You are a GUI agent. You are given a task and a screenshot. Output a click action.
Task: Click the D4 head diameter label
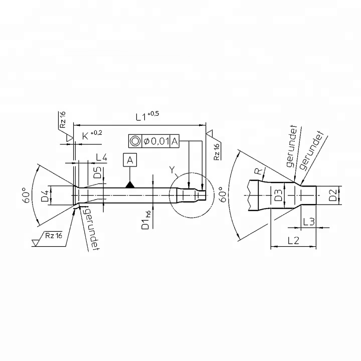pyautogui.click(x=45, y=196)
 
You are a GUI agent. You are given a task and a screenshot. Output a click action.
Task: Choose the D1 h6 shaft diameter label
pyautogui.click(x=146, y=221)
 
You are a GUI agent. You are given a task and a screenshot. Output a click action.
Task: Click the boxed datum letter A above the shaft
pyautogui.click(x=130, y=160)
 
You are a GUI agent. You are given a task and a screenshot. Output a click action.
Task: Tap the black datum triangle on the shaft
pyautogui.click(x=130, y=185)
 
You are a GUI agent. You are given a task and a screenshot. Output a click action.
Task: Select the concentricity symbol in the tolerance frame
pyautogui.click(x=135, y=141)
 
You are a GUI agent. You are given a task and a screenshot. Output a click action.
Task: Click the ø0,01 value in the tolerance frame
pyautogui.click(x=156, y=141)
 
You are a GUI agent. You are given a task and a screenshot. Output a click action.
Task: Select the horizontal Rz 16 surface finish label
pyautogui.click(x=53, y=236)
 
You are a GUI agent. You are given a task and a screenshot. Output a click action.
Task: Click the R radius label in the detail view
pyautogui.click(x=258, y=172)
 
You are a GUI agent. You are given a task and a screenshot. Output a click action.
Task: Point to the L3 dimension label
pyautogui.click(x=309, y=221)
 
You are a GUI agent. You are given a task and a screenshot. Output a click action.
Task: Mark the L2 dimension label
pyautogui.click(x=293, y=240)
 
